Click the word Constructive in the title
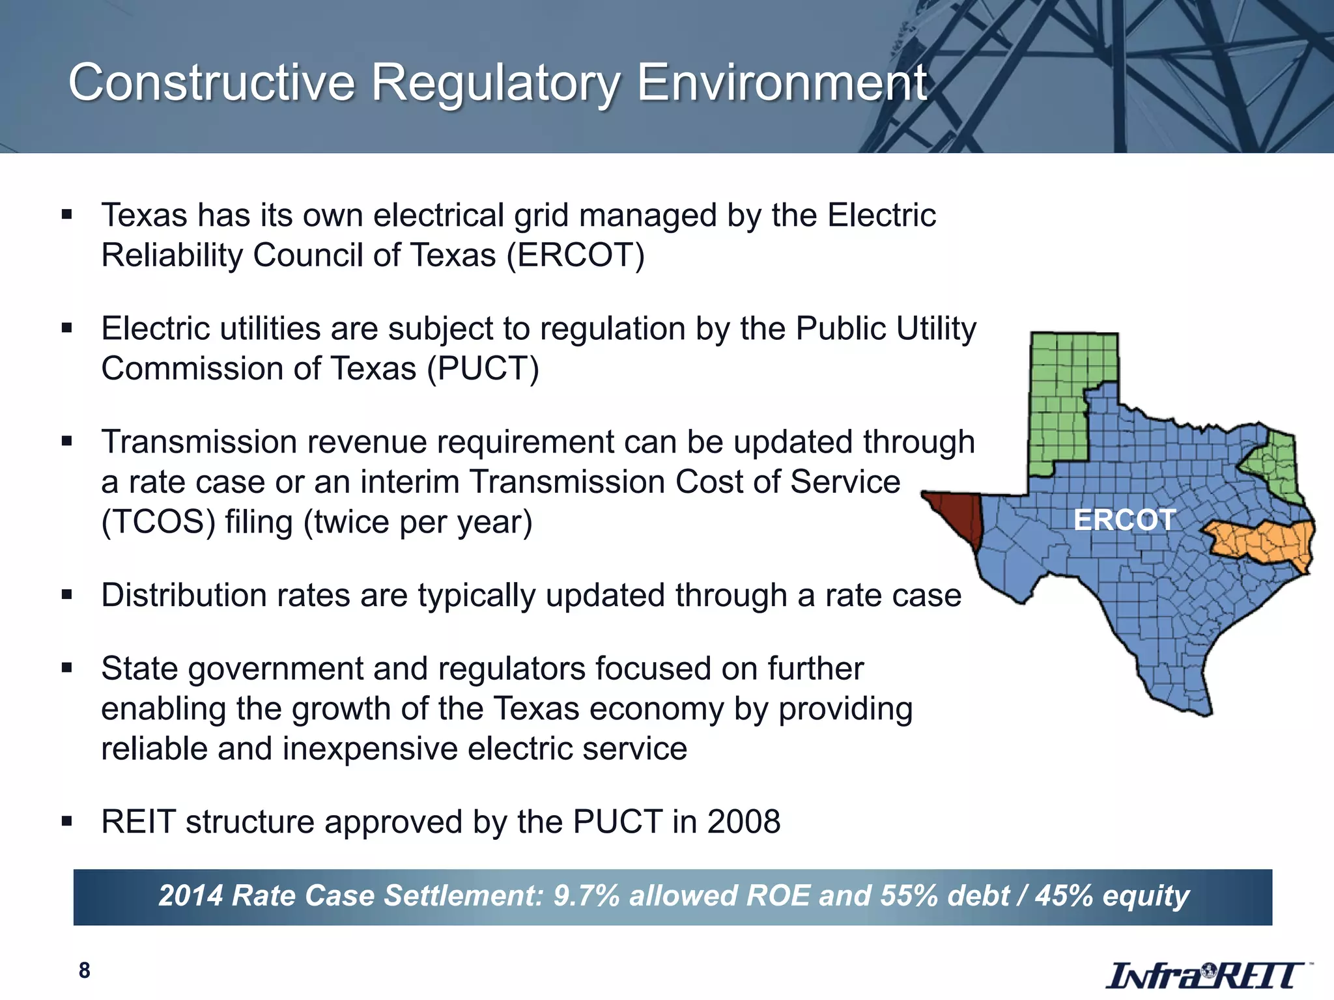click(212, 83)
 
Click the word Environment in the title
click(782, 83)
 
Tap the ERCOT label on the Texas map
click(1124, 520)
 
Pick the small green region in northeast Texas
click(1277, 465)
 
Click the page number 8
click(84, 971)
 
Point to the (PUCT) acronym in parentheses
click(483, 369)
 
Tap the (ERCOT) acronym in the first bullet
click(576, 255)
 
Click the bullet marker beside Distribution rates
click(66, 594)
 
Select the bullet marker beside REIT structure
click(66, 821)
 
